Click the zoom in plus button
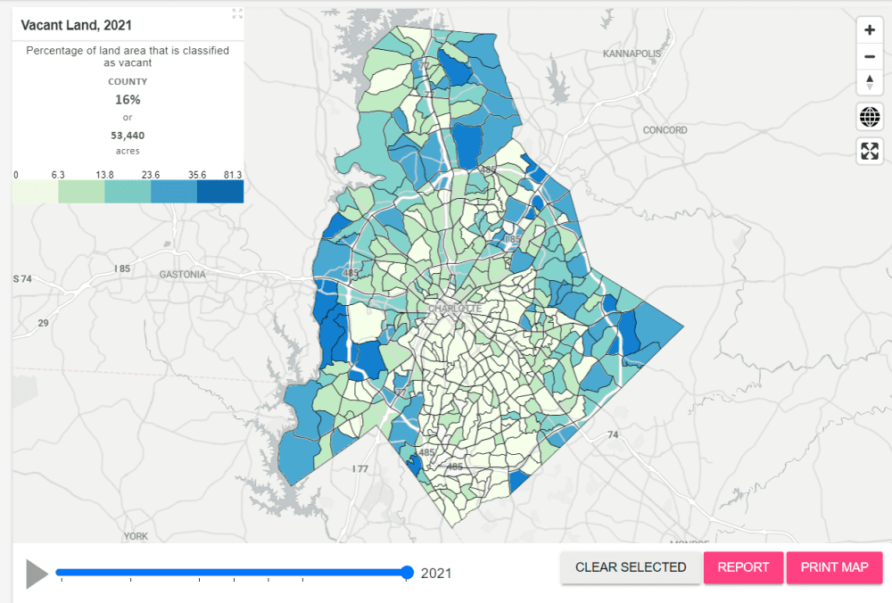tap(870, 29)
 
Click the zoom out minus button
tap(870, 57)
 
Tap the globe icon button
tap(870, 116)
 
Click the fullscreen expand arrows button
tap(870, 151)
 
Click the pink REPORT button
tap(743, 567)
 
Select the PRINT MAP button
tap(834, 567)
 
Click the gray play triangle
tap(37, 574)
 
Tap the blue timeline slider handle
tap(408, 573)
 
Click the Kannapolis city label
tap(632, 54)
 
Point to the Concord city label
tap(665, 130)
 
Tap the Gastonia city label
tap(182, 274)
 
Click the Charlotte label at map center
tap(455, 310)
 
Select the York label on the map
tap(136, 537)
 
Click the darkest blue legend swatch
tap(220, 192)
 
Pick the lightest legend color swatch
tap(36, 192)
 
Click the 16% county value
tap(128, 100)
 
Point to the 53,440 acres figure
tap(128, 136)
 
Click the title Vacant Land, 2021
tap(76, 26)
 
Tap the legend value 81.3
tap(234, 175)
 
